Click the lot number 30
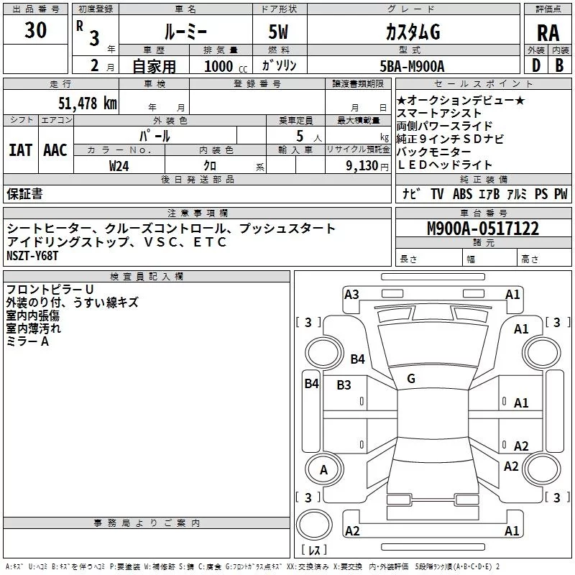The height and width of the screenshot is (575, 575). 35,30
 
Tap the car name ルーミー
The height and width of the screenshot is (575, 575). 184,32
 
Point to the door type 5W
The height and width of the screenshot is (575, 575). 279,32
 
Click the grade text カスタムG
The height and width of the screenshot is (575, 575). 413,32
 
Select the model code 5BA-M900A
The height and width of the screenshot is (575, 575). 412,66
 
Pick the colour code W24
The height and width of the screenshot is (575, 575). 119,165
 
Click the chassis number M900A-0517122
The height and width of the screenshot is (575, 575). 483,229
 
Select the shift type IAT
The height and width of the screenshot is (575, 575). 20,149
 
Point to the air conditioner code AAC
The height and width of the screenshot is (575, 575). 55,149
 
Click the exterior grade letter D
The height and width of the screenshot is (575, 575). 536,65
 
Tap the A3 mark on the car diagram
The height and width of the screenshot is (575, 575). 351,294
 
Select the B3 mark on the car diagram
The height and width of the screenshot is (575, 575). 344,385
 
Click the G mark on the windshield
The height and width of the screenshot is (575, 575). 411,378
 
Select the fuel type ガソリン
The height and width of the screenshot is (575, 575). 279,65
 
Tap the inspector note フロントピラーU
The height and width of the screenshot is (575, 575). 50,290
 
